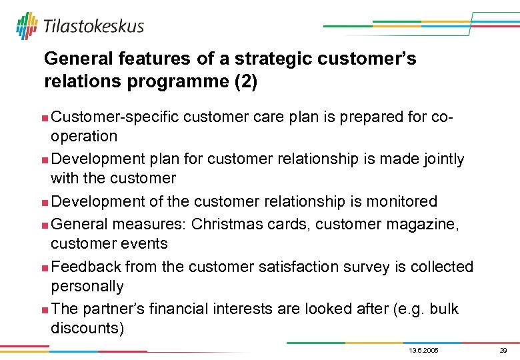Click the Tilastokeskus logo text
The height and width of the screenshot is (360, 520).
pos(93,26)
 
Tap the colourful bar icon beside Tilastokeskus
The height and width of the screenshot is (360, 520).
pos(27,26)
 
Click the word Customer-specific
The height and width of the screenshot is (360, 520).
pos(115,117)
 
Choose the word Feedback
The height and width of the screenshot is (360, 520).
pos(86,267)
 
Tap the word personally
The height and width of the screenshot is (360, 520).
pos(87,287)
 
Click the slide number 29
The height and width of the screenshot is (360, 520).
pos(503,351)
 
